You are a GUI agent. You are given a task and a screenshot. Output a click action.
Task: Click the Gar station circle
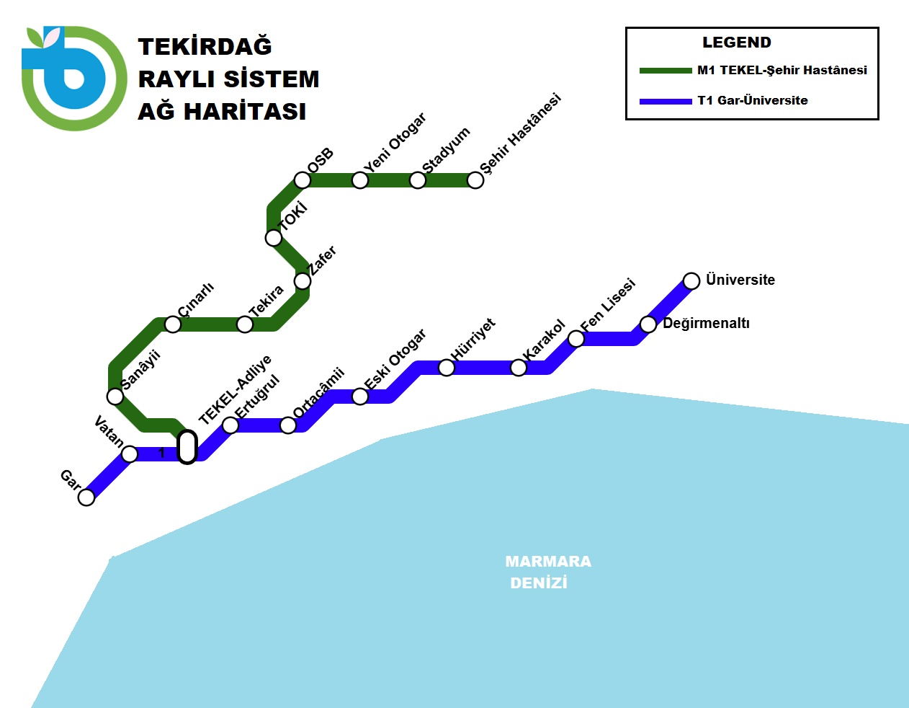(x=86, y=497)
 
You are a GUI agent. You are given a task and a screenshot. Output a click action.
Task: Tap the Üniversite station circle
(x=691, y=281)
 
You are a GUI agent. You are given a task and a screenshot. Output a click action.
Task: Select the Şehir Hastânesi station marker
(x=475, y=180)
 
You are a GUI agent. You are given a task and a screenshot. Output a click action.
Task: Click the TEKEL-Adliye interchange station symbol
(x=187, y=447)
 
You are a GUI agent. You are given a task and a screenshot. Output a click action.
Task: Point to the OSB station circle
(x=303, y=180)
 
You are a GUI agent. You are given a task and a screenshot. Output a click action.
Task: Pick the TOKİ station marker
(x=274, y=238)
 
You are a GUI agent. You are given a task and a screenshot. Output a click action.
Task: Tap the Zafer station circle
(x=303, y=281)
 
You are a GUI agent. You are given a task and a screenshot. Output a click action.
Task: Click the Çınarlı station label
(x=196, y=299)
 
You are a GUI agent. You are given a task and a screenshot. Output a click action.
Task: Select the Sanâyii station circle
(x=115, y=397)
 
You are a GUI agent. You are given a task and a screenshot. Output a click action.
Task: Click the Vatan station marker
(x=130, y=454)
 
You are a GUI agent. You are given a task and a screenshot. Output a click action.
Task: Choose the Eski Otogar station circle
(x=360, y=397)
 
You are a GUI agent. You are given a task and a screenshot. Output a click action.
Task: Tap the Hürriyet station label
(x=473, y=339)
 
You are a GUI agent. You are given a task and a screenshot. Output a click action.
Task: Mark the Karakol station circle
(x=519, y=368)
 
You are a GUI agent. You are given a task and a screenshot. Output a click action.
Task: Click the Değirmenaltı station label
(x=706, y=323)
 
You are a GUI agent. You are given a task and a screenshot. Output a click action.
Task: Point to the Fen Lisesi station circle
(x=576, y=339)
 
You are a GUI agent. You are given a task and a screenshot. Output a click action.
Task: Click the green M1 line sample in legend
(x=665, y=71)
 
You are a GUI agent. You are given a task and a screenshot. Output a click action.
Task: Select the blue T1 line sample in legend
(x=665, y=101)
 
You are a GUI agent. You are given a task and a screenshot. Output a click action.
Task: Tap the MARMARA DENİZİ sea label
(x=547, y=572)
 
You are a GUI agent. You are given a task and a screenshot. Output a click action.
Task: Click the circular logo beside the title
(x=73, y=79)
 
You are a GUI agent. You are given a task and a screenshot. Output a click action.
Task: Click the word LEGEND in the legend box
(x=736, y=43)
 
